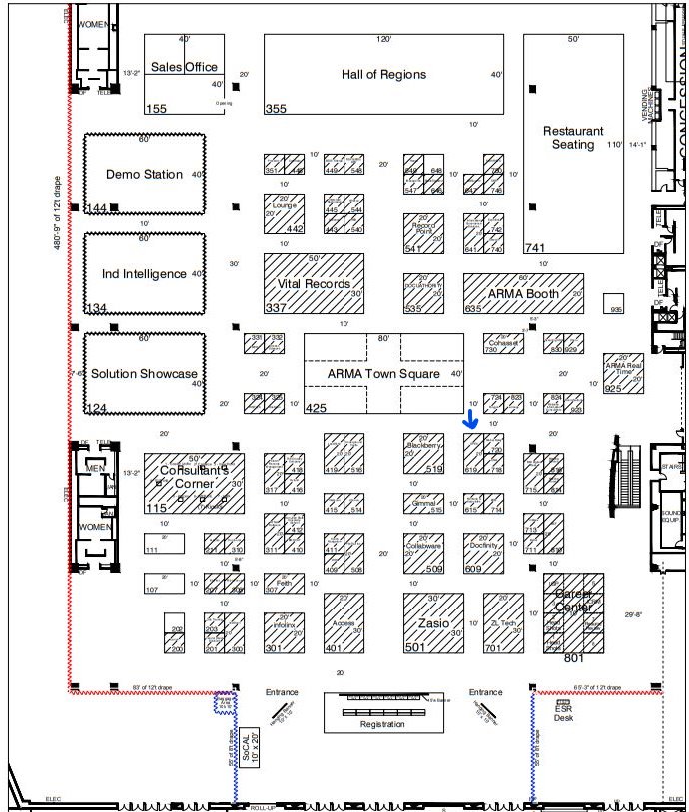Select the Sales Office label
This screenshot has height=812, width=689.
(184, 67)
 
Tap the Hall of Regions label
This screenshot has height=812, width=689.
(383, 74)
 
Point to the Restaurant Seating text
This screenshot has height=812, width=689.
(573, 138)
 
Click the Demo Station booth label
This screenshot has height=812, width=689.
(144, 174)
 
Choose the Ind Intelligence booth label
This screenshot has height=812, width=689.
(144, 273)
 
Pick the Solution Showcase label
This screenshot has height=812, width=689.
(144, 373)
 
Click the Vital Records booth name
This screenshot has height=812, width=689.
(314, 283)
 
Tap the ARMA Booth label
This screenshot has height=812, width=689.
(523, 294)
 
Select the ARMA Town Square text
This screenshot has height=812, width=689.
(383, 374)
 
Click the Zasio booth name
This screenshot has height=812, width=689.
(433, 621)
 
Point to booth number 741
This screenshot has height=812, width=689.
(535, 247)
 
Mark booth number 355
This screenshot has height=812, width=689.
(276, 108)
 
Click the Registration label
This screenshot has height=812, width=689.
(383, 724)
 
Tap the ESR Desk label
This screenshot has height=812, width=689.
(564, 713)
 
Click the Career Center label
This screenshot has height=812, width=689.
(574, 595)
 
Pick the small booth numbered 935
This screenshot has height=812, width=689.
(616, 309)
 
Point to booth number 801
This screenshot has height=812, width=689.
(574, 657)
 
